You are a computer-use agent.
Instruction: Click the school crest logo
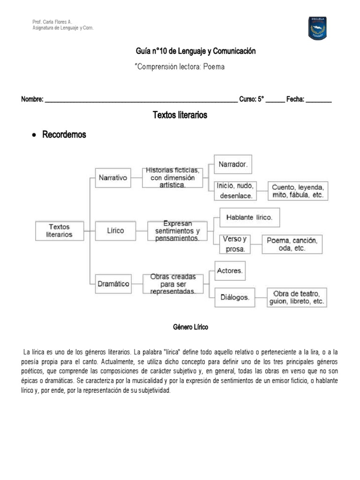[317, 28]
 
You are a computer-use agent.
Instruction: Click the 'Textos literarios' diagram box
[60, 230]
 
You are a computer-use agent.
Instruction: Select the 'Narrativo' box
[113, 178]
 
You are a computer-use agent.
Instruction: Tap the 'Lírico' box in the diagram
[115, 231]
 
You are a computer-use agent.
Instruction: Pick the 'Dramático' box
[113, 284]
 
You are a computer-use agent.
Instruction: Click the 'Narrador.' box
[233, 165]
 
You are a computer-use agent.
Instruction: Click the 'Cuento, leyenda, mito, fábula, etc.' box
[298, 191]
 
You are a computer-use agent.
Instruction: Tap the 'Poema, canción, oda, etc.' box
[292, 244]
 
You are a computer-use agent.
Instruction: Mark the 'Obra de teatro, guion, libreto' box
[297, 297]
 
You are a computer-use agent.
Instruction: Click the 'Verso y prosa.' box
[235, 244]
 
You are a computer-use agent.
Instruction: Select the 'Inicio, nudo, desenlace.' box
[234, 191]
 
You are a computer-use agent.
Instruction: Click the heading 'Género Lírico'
[190, 327]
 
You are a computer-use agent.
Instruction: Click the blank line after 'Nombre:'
[141, 100]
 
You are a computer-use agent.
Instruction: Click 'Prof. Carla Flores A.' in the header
[52, 22]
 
